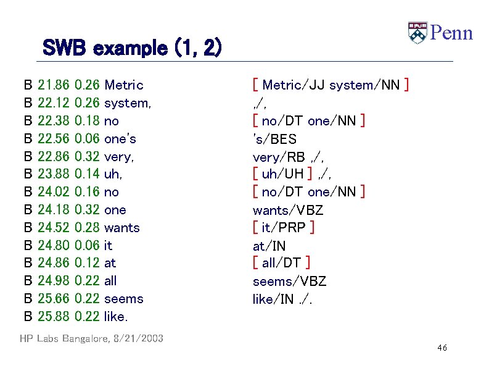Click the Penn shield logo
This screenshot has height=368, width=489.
(x=417, y=33)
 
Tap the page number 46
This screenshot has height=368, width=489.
(x=442, y=348)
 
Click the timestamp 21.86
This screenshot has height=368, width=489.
(x=53, y=85)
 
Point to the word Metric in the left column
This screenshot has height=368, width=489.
(x=124, y=85)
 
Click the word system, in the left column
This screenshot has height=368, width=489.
(x=128, y=103)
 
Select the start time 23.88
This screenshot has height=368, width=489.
(x=53, y=175)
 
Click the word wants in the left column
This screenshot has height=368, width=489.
(x=122, y=228)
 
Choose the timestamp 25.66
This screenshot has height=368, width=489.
(x=53, y=299)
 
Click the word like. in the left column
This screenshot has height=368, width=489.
(x=116, y=317)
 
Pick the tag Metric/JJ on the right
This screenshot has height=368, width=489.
(x=294, y=85)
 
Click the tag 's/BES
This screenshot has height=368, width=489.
(x=274, y=139)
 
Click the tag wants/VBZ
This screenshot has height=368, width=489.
(x=288, y=210)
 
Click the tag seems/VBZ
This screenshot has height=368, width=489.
(x=289, y=282)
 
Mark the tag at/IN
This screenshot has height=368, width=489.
(x=269, y=246)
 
